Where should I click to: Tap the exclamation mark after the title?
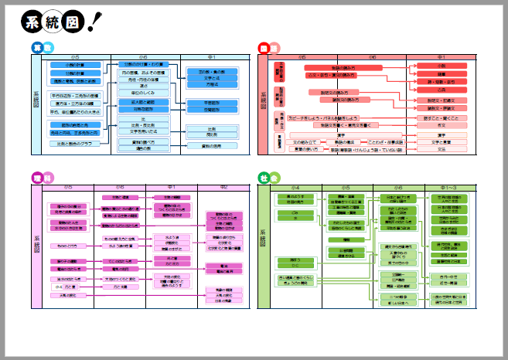(x=95, y=22)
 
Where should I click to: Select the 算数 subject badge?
(x=43, y=48)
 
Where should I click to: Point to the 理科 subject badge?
(x=43, y=177)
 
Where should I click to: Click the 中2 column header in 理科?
(x=223, y=187)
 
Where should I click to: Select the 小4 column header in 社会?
(x=297, y=187)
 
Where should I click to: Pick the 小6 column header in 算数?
(x=143, y=58)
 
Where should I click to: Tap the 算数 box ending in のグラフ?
(x=79, y=143)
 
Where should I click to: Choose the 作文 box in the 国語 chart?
(x=442, y=124)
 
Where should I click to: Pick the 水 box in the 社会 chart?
(x=295, y=219)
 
